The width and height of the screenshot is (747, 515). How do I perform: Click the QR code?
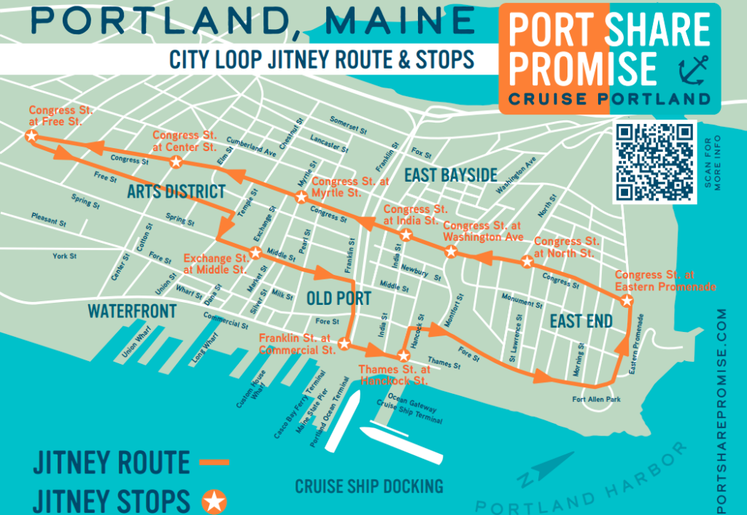654,162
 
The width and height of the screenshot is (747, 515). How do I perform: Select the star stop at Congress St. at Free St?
31,135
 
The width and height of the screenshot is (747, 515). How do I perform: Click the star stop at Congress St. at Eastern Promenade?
626,301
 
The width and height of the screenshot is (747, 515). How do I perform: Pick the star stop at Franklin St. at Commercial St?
344,344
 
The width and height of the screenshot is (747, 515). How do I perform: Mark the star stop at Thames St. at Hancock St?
403,357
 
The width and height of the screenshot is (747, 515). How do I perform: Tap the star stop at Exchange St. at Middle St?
256,253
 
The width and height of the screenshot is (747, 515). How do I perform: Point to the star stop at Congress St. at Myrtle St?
301,197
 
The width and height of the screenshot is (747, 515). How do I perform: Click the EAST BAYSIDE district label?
451,176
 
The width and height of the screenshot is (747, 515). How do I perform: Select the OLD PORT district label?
338,298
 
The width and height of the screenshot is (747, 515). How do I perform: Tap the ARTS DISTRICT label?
176,193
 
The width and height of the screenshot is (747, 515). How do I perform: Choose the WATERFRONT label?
132,311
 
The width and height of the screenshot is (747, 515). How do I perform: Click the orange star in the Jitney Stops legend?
214,501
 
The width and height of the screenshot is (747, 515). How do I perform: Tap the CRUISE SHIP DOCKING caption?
368,486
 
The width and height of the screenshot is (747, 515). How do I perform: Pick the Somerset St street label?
347,124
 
